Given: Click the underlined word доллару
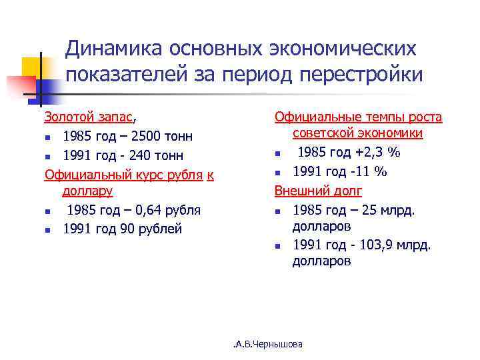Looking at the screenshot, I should (x=87, y=191).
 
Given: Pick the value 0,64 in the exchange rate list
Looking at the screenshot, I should (x=148, y=210).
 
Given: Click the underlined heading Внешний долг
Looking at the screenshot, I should (x=319, y=191).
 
